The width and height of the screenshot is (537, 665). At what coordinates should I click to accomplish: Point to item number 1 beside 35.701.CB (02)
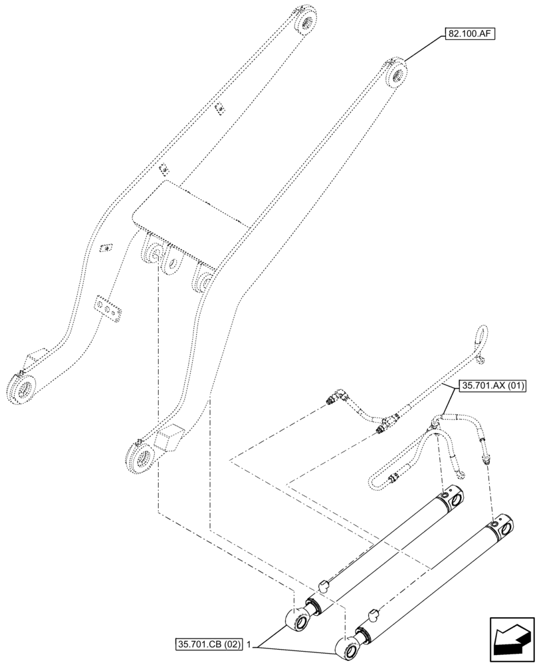(x=249, y=644)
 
